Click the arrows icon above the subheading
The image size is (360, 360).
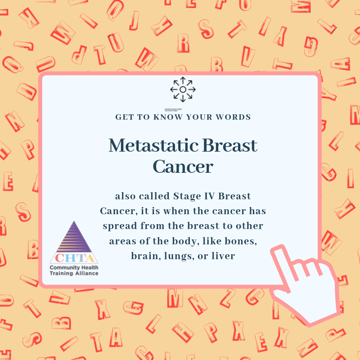[x=183, y=90]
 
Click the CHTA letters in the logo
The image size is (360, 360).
[x=74, y=258]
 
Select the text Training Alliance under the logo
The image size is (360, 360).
[x=74, y=273]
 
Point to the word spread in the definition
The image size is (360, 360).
[x=119, y=225]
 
